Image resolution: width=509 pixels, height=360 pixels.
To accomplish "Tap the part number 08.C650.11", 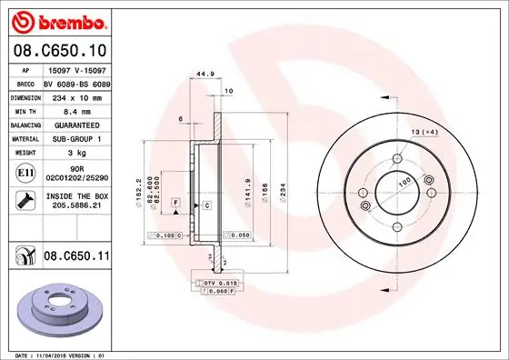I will (x=75, y=257).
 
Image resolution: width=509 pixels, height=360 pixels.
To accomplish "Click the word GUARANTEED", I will (x=71, y=124).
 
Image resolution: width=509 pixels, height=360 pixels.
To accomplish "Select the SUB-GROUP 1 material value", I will (x=71, y=138).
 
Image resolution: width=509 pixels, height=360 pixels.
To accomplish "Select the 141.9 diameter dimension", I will (x=247, y=188).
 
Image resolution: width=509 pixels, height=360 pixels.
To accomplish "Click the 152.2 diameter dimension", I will (x=138, y=188).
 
